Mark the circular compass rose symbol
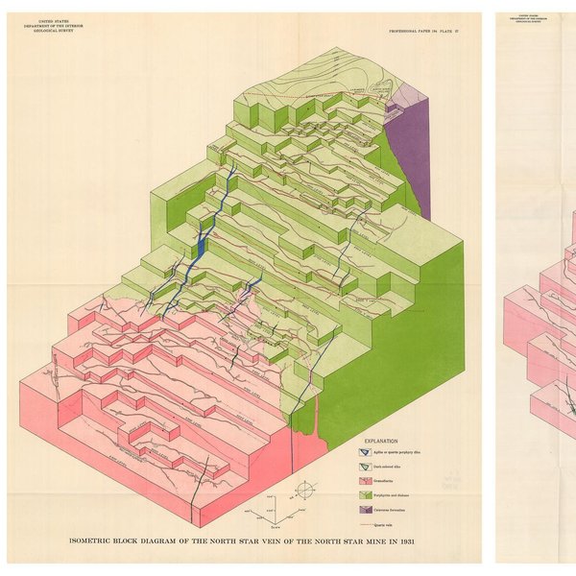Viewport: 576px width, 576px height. pyautogui.click(x=304, y=490)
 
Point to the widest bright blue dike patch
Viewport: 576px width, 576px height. pyautogui.click(x=200, y=245)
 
